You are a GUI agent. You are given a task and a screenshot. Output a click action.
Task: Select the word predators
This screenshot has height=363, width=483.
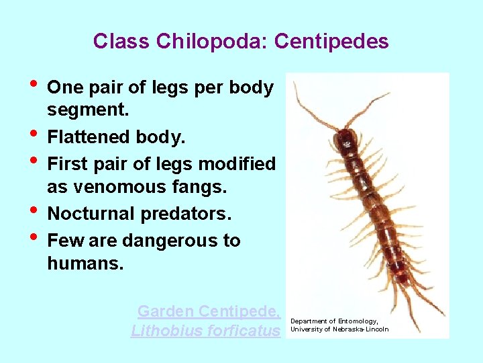pos(186,214)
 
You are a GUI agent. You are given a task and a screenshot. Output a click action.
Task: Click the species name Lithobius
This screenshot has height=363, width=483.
pos(168,331)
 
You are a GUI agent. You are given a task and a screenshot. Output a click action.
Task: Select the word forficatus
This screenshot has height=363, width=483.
pos(245,331)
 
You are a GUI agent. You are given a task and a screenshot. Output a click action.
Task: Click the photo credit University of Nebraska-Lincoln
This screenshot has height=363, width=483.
pos(339,329)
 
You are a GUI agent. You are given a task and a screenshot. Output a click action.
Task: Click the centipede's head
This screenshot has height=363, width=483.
pos(345,138)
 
